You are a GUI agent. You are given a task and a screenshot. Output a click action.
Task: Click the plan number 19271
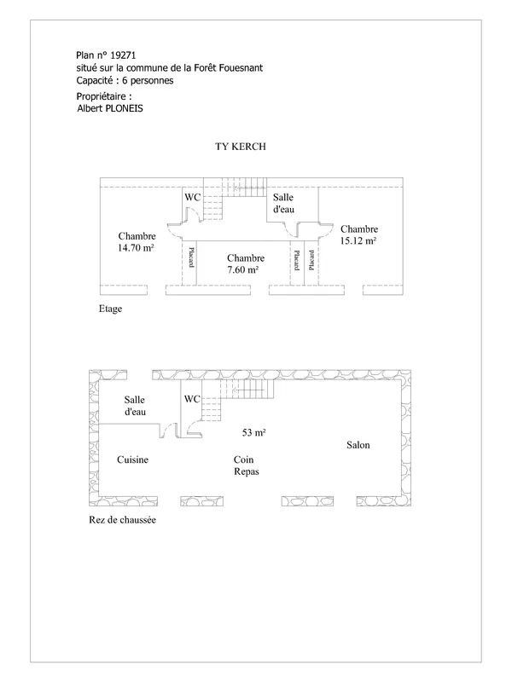(x=123, y=55)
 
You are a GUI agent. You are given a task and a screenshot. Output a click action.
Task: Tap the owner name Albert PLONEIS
(x=110, y=108)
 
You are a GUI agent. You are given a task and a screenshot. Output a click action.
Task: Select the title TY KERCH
(x=241, y=147)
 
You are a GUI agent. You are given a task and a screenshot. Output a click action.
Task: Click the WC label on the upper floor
(x=193, y=197)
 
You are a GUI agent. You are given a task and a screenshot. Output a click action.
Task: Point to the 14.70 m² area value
(x=136, y=248)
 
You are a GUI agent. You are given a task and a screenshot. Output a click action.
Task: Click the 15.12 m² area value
(x=358, y=240)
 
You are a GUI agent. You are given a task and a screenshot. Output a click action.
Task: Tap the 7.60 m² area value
(x=243, y=269)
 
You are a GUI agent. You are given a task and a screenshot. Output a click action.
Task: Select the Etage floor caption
(x=111, y=309)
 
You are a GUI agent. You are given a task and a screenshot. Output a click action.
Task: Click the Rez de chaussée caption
(x=122, y=520)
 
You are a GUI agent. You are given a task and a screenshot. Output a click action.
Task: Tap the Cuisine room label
(x=133, y=459)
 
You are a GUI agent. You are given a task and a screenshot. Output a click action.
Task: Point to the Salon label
(x=358, y=445)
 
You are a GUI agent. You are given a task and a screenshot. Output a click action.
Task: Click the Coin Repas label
(x=246, y=465)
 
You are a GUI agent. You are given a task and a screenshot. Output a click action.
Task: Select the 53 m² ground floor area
(x=253, y=433)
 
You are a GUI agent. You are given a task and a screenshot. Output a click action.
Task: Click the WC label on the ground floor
(x=192, y=399)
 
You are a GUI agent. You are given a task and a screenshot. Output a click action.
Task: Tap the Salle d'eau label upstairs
(x=283, y=203)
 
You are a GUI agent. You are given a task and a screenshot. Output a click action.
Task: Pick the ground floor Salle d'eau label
(x=135, y=406)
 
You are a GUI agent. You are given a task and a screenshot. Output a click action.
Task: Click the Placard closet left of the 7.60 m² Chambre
(x=189, y=263)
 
